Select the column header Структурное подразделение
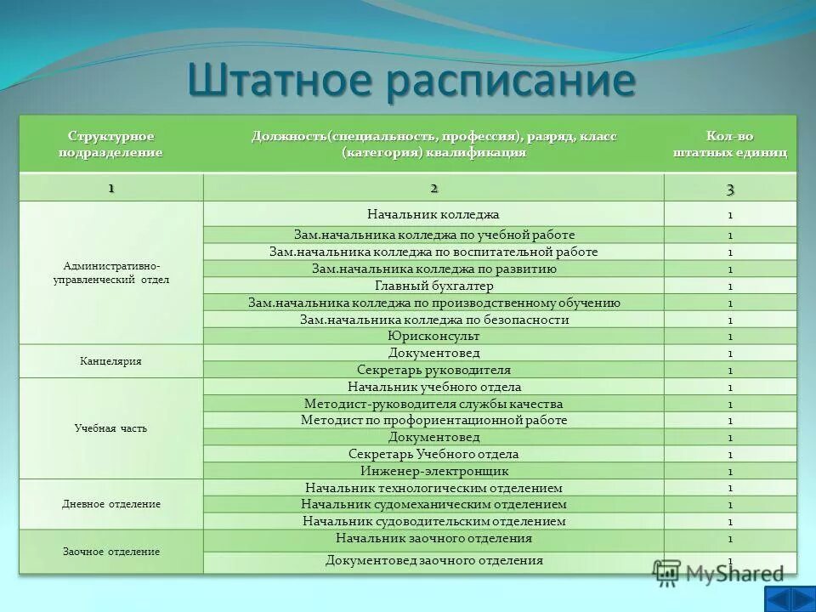110,144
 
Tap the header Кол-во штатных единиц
730,144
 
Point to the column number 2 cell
433,188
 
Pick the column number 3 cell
730,188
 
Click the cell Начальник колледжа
433,214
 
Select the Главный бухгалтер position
433,286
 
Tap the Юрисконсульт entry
433,337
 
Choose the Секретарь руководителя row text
433,370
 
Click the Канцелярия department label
110,361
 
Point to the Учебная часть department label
110,428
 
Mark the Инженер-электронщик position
433,471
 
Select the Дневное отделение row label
110,504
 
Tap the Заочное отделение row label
110,552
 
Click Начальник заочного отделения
433,539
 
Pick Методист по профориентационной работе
433,421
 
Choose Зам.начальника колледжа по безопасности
433,320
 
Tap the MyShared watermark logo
719,574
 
